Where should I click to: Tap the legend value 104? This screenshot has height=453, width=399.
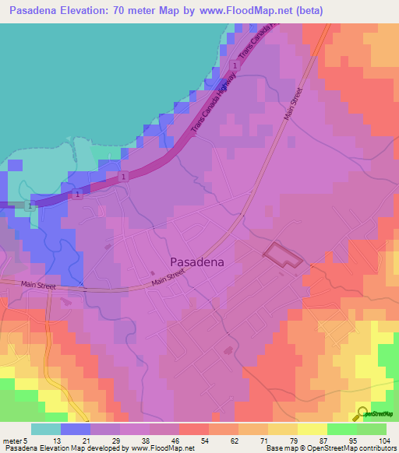383,441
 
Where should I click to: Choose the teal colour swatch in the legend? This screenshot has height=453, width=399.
46,429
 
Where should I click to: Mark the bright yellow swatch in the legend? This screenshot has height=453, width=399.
312,429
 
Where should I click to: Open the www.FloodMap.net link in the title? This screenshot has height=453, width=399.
240,11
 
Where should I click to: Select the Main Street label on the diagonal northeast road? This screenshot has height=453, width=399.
292,104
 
